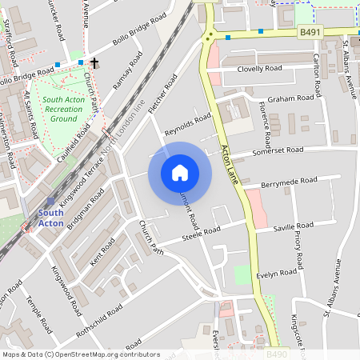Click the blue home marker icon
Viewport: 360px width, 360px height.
(180, 173)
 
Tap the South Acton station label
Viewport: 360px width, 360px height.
(51, 218)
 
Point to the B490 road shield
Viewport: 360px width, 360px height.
(276, 354)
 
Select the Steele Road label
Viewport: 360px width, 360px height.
(200, 232)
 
